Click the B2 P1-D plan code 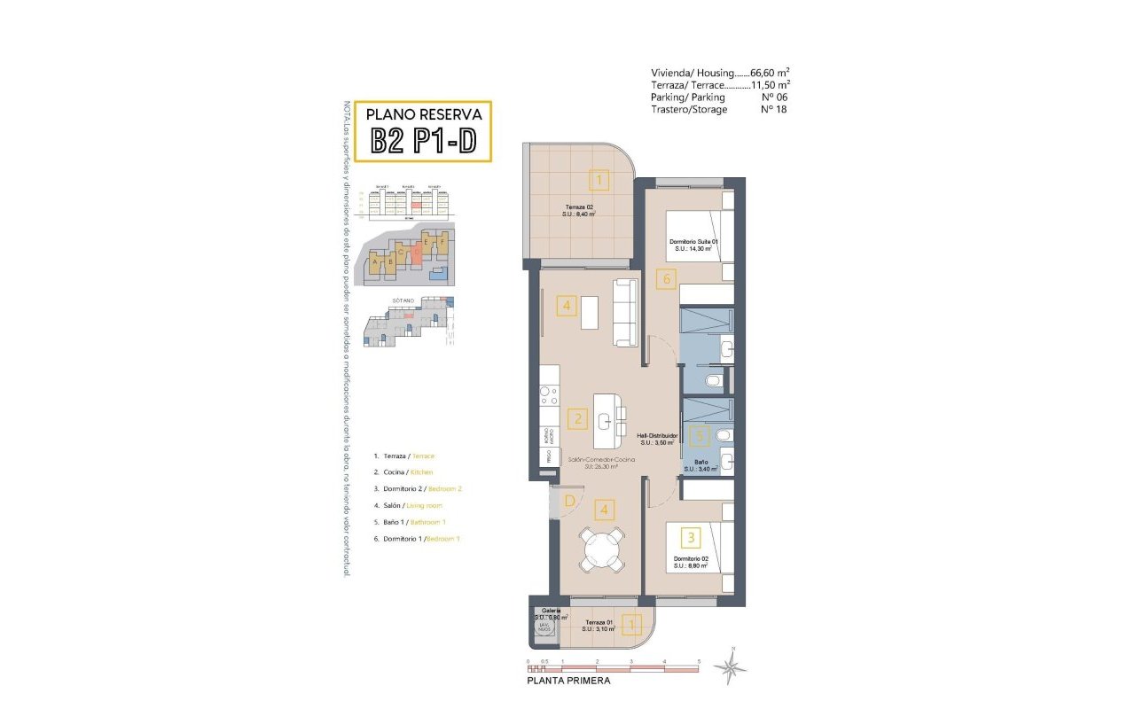423,141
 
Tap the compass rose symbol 730,666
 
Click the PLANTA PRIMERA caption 568,682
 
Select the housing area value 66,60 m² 770,73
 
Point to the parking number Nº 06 773,97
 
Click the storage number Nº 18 773,109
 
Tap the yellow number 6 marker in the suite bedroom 667,279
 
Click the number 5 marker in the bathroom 701,436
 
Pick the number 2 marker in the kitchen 577,419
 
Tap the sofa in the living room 624,312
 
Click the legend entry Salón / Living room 409,505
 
